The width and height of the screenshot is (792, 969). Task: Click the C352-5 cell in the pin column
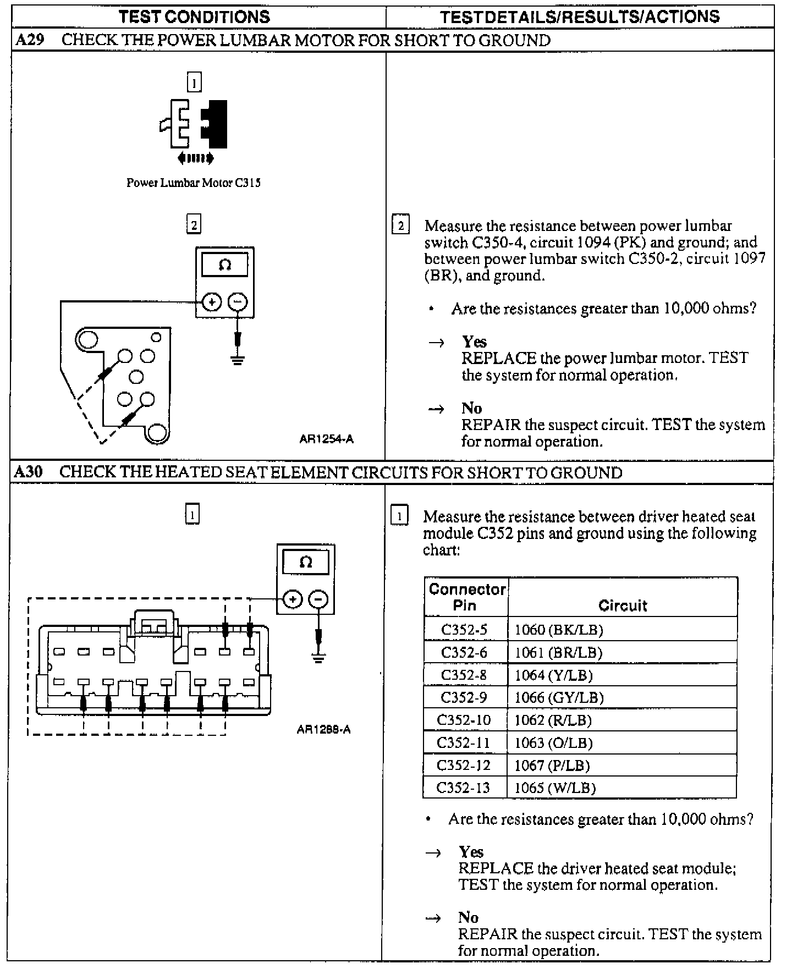click(465, 629)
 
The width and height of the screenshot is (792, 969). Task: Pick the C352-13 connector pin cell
click(463, 788)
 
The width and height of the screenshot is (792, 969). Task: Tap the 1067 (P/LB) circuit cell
click(552, 765)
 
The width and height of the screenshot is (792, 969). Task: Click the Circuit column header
click(622, 605)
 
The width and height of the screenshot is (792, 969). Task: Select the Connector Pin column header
click(466, 597)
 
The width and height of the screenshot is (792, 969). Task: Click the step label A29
click(30, 40)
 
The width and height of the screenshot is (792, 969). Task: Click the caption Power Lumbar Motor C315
click(194, 183)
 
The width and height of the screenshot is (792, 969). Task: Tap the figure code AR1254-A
click(326, 439)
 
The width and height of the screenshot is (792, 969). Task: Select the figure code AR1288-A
click(323, 730)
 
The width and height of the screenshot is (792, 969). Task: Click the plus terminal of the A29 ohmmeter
click(212, 302)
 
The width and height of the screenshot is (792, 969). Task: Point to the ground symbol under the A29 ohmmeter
click(238, 360)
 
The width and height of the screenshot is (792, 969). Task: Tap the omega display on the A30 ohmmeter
click(306, 562)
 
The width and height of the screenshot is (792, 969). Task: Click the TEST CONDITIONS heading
click(194, 16)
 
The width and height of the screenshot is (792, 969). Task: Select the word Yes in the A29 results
click(474, 342)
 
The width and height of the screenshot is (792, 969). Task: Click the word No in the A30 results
click(468, 917)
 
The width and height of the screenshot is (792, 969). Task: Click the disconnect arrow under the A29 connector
click(196, 159)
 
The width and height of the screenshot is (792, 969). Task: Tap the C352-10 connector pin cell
click(463, 720)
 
